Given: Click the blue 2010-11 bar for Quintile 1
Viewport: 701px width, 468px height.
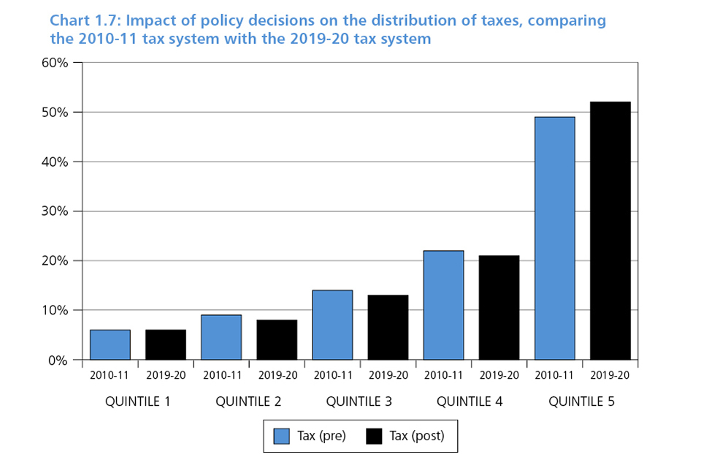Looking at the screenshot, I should pos(110,344).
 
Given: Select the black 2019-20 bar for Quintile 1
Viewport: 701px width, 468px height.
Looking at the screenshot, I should pos(166,344).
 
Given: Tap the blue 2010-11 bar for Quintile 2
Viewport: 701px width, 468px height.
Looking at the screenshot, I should pos(221,337).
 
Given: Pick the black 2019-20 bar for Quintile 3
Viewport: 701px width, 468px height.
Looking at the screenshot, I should pos(388,327).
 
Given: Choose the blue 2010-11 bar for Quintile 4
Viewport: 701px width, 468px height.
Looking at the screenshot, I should pos(443,305).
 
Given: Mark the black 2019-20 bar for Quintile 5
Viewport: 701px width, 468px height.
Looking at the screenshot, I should pos(610,230).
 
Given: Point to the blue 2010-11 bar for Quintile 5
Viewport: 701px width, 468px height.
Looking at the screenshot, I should pos(554,238).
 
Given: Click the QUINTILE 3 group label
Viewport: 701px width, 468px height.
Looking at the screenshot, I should pos(359,401).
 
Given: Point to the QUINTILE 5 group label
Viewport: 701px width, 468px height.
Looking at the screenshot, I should pos(581,401).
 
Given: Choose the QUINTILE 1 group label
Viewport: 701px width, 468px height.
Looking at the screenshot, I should pos(137,401).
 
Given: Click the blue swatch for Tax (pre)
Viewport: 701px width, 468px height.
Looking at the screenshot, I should pos(282,437).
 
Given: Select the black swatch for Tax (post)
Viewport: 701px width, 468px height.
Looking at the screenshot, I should pos(374,437).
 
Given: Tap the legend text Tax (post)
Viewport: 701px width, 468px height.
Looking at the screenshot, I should pos(416,437).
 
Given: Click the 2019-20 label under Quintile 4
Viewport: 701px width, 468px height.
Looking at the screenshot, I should pos(499,375).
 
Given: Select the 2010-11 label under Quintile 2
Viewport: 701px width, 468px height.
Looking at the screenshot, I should pos(221,375).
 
